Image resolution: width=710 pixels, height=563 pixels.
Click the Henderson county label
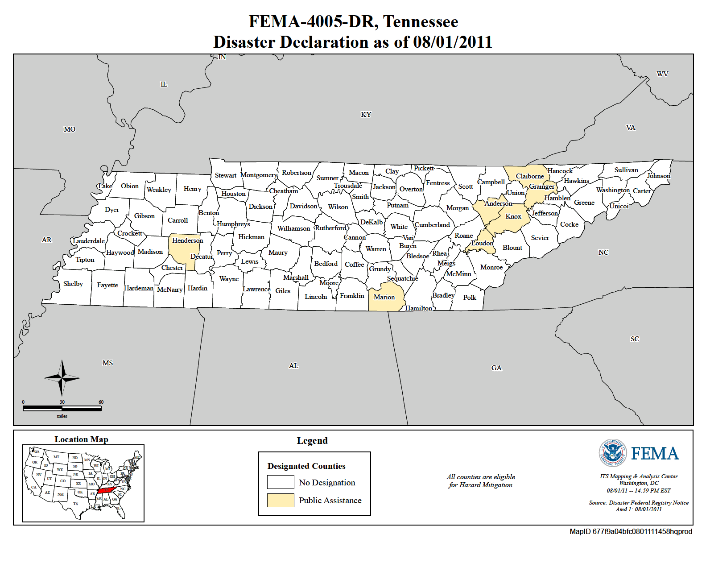[187, 240]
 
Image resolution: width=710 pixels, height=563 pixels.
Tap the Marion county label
[384, 297]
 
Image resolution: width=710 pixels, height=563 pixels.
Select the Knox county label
[513, 216]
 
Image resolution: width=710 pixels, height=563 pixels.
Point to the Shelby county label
[73, 284]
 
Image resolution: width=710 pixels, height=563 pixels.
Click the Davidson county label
[303, 206]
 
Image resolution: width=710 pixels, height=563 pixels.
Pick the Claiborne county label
[530, 176]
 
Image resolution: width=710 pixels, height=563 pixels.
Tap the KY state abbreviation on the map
[366, 115]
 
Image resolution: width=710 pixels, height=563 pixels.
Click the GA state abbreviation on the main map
[496, 368]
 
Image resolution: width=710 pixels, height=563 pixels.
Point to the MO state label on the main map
[70, 129]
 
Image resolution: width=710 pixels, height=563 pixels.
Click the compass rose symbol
[62, 378]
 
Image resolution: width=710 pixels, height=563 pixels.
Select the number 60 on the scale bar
[101, 402]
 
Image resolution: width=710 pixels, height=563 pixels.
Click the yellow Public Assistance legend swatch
[281, 500]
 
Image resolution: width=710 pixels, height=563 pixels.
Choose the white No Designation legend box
[281, 482]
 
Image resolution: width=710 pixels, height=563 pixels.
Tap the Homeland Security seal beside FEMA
[612, 453]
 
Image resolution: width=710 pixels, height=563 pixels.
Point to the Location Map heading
[81, 439]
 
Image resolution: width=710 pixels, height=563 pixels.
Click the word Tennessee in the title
[421, 21]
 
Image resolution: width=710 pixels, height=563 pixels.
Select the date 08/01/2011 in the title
[452, 42]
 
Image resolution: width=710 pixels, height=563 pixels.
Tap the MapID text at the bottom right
[631, 531]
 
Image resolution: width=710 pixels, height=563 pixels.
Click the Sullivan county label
[626, 170]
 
